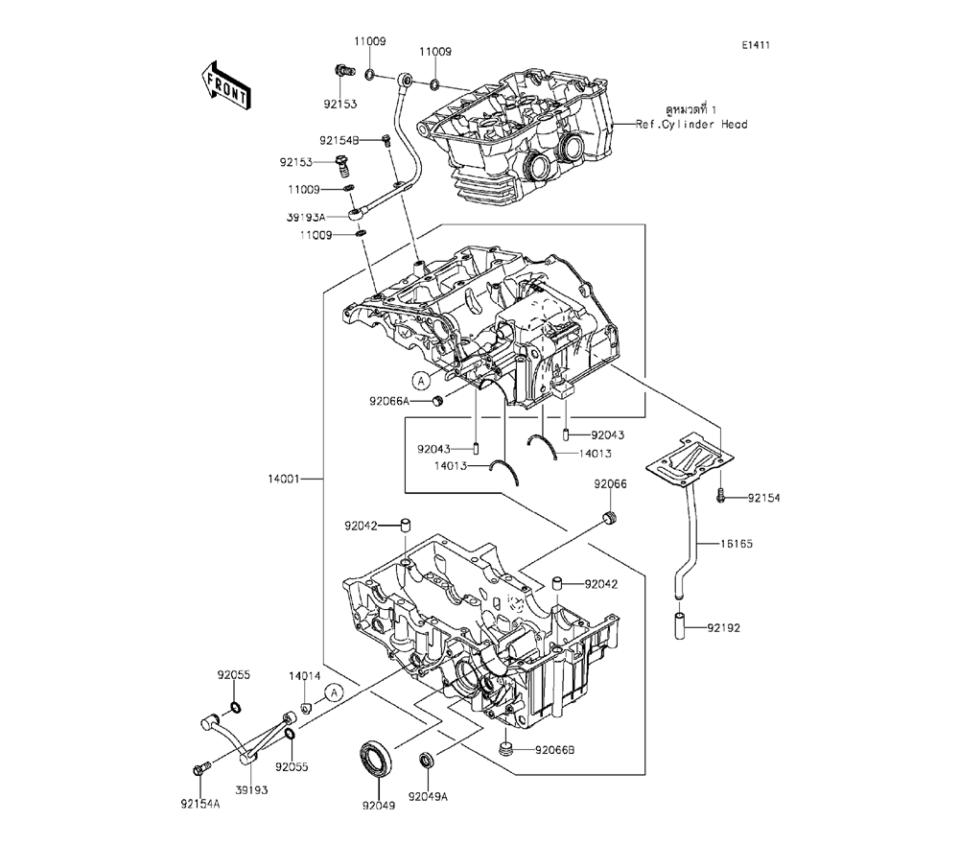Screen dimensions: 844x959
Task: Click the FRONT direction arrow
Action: [x=226, y=83]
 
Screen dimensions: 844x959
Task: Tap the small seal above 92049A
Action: [x=427, y=762]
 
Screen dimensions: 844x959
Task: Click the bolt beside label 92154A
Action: [x=201, y=768]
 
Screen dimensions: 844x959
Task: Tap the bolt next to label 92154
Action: [x=719, y=498]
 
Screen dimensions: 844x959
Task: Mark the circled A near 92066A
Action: [x=420, y=378]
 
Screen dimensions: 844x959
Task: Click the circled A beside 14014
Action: [x=333, y=692]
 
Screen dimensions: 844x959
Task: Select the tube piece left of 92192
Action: [x=680, y=628]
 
